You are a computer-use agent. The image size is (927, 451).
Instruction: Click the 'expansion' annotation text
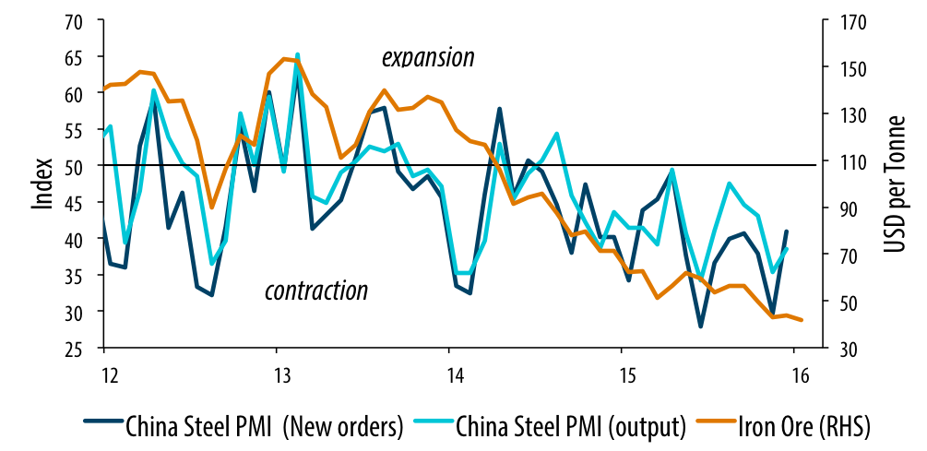pos(428,58)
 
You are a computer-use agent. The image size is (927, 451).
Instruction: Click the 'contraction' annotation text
pos(316,291)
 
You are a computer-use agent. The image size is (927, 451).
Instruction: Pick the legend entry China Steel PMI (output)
pos(569,426)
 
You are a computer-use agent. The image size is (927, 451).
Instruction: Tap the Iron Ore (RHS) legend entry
pos(804,426)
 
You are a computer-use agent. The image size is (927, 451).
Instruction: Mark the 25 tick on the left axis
pos(75,348)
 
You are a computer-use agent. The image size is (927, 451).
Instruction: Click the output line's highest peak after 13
pos(298,55)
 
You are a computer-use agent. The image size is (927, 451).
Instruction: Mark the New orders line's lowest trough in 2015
pos(701,326)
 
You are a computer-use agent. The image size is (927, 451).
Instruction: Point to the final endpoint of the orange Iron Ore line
pos(802,320)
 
